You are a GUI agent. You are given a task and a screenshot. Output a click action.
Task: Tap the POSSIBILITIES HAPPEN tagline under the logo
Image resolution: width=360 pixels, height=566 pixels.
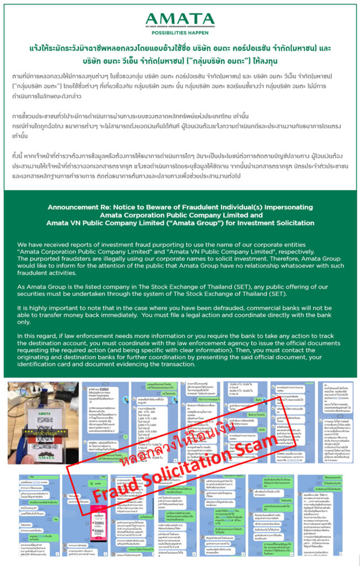click(180, 32)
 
